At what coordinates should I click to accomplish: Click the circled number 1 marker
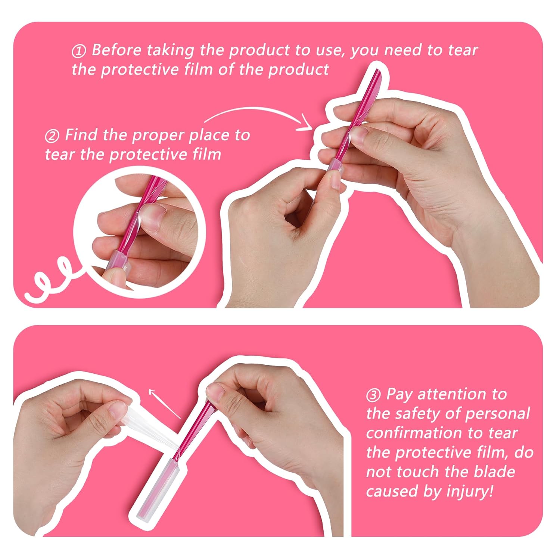click(x=79, y=51)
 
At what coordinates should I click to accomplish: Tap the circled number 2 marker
click(x=52, y=136)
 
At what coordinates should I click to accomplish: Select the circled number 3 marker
click(x=373, y=395)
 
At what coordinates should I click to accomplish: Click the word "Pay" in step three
click(x=399, y=395)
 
